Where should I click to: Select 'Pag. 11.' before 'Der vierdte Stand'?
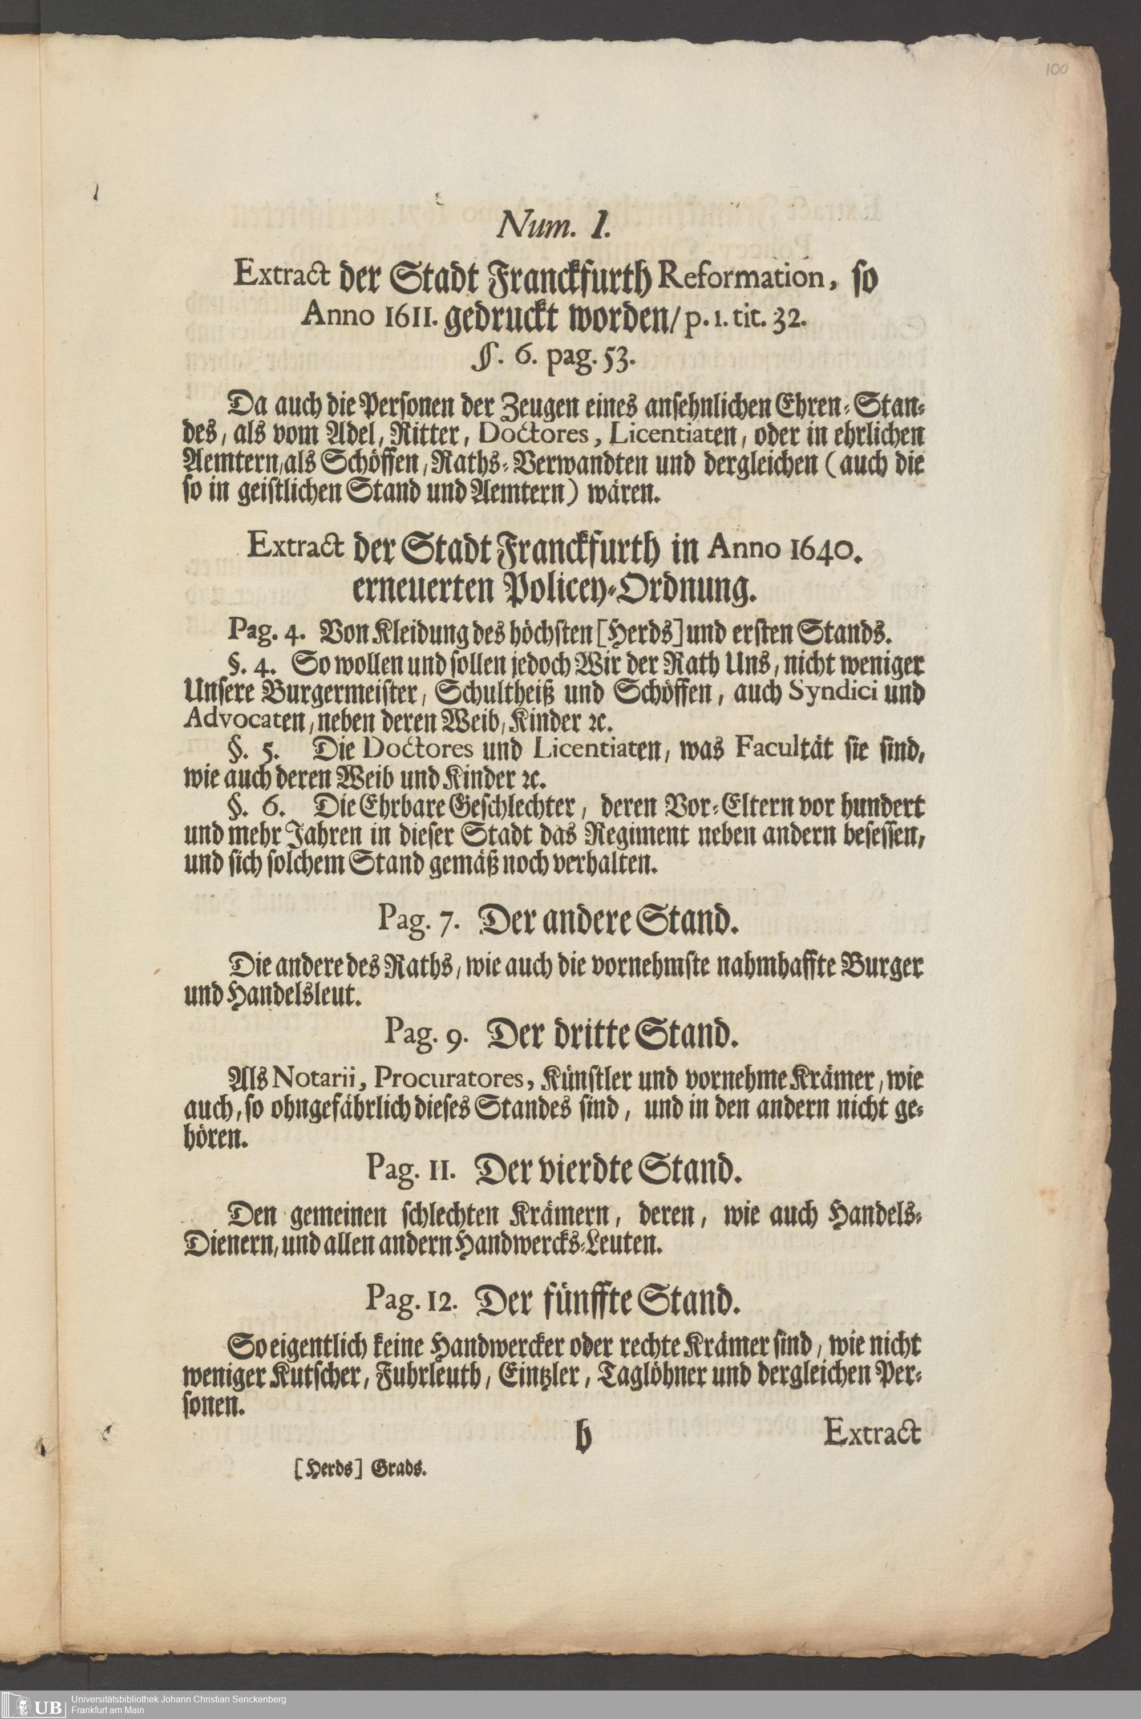[x=412, y=1170]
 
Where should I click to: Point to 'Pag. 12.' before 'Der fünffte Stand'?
[x=411, y=1297]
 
